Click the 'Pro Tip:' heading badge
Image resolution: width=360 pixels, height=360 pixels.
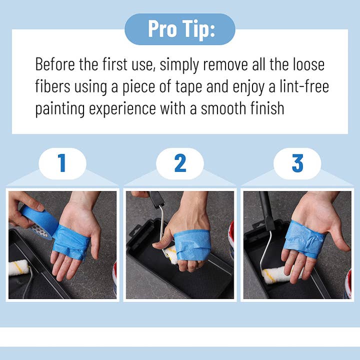tap(180, 29)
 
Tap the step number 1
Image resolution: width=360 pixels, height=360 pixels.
tap(61, 163)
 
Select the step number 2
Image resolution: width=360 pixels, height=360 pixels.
tap(180, 163)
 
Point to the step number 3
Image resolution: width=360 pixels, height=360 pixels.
tap(297, 163)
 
